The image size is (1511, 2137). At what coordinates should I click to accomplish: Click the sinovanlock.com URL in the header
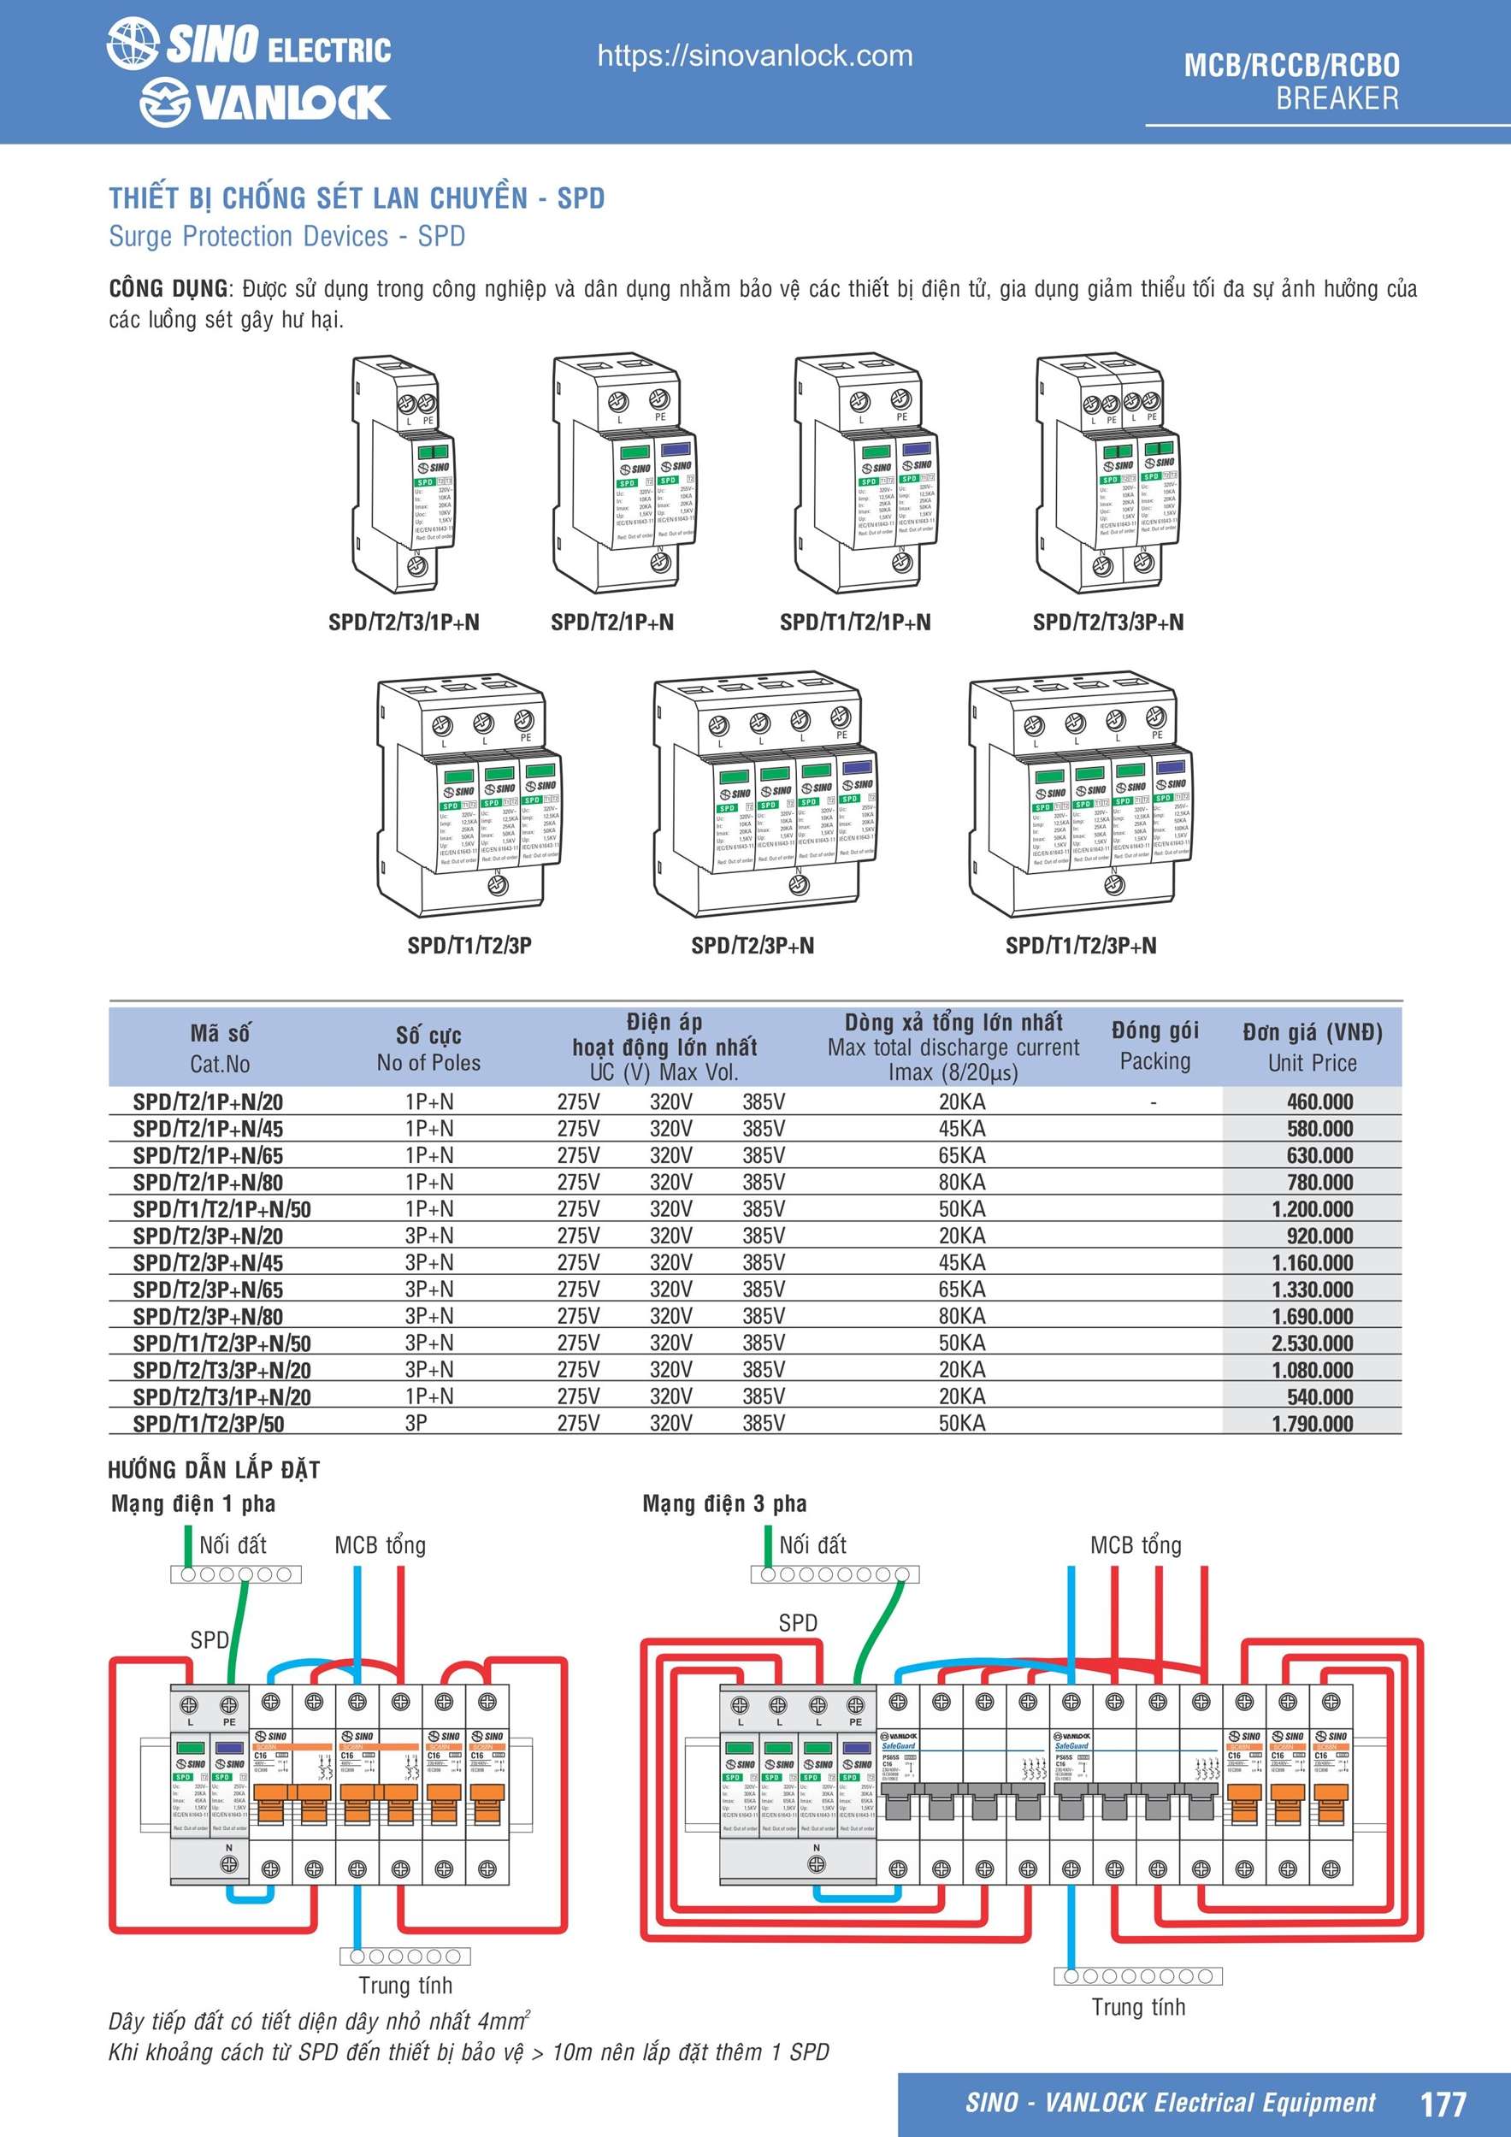pyautogui.click(x=754, y=56)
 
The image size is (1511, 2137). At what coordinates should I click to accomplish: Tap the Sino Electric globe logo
pyautogui.click(x=133, y=44)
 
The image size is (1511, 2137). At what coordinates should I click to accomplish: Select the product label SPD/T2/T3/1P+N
pyautogui.click(x=404, y=622)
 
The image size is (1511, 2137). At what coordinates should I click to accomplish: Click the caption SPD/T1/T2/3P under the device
pyautogui.click(x=469, y=945)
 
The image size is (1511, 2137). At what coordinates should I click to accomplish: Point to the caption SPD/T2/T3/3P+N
pyautogui.click(x=1108, y=622)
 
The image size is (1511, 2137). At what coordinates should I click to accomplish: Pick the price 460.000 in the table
pyautogui.click(x=1319, y=1102)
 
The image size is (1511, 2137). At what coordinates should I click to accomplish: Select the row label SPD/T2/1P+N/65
pyautogui.click(x=208, y=1156)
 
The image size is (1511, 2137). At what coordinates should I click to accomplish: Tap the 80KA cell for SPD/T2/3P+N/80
pyautogui.click(x=961, y=1316)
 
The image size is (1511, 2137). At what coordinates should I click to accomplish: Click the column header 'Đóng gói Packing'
pyautogui.click(x=1154, y=1046)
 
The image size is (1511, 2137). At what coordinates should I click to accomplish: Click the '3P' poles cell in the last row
pyautogui.click(x=416, y=1423)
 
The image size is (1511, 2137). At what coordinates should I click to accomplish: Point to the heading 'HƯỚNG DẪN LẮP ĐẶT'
pyautogui.click(x=214, y=1470)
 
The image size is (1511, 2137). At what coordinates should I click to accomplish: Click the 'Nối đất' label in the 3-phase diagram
pyautogui.click(x=812, y=1545)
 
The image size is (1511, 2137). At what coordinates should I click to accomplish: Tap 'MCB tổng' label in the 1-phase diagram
pyautogui.click(x=380, y=1545)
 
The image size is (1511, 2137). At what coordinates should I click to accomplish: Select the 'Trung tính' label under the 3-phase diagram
pyautogui.click(x=1137, y=2007)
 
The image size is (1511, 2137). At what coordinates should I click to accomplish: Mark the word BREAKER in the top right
pyautogui.click(x=1337, y=97)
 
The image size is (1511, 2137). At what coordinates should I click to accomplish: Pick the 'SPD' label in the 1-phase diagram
pyautogui.click(x=210, y=1639)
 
